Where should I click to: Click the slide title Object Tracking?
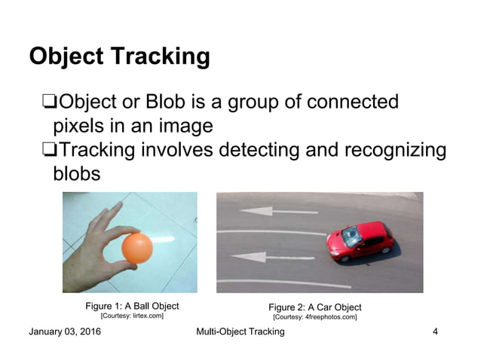click(x=118, y=56)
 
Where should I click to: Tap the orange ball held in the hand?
click(x=136, y=248)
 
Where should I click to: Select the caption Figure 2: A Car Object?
click(x=315, y=307)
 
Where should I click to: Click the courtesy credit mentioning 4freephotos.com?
click(x=315, y=317)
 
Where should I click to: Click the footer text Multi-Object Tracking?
click(x=240, y=332)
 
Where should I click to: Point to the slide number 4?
click(x=435, y=332)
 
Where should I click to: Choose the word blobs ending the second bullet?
click(x=77, y=174)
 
